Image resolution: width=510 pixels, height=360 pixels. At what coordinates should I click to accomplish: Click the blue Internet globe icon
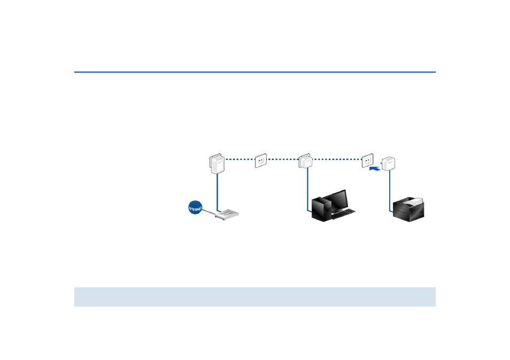pos(196,207)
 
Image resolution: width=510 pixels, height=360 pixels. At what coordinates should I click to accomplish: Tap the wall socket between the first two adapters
pos(261,160)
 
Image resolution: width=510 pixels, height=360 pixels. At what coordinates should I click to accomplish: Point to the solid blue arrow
pos(375,169)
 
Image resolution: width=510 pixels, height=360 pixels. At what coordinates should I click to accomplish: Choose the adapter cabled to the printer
pos(390,163)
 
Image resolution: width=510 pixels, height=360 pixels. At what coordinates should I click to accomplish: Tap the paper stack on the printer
pos(414,201)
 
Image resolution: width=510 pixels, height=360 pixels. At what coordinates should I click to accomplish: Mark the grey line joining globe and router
pos(208,213)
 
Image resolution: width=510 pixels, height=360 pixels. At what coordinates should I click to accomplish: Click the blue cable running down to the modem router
pos(217,192)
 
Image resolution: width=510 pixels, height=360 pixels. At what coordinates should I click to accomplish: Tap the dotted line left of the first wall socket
pos(239,159)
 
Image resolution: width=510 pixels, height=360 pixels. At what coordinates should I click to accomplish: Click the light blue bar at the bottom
pos(254,297)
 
